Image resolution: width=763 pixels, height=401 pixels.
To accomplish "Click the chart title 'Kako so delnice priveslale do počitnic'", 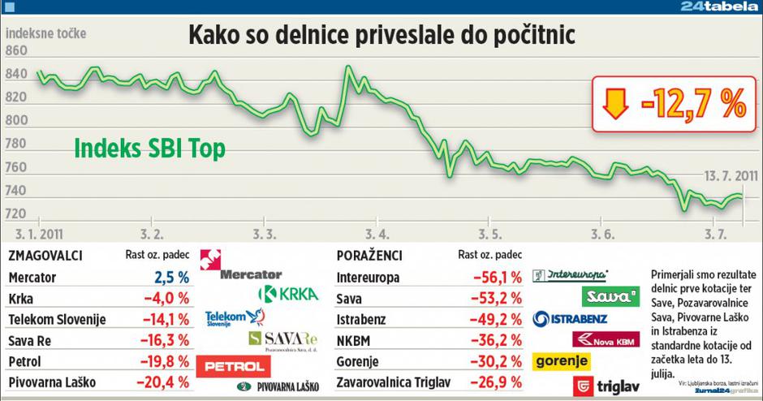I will pyautogui.click(x=381, y=37).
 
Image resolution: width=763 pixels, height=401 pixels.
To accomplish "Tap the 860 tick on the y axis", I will pyautogui.click(x=17, y=51).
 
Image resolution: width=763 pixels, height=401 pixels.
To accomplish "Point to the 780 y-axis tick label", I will pyautogui.click(x=17, y=144).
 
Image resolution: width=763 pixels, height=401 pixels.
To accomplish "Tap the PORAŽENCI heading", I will pyautogui.click(x=367, y=257).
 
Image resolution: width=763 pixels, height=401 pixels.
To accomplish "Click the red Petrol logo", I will pyautogui.click(x=235, y=366).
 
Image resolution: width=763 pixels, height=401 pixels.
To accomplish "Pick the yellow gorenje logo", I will pyautogui.click(x=561, y=360).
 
